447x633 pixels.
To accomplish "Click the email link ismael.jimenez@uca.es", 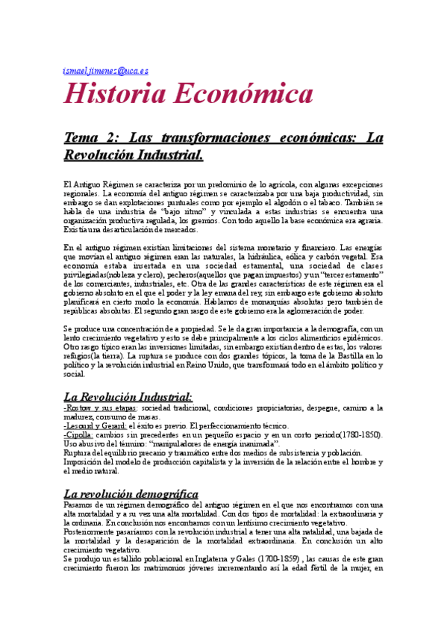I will tap(106, 71).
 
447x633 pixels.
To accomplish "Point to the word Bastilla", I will tap(310, 356).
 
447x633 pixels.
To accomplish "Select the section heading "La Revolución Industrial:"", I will tap(128, 396).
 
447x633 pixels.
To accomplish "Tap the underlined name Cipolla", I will tap(78, 434).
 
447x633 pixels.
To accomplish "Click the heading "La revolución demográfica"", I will tap(131, 473).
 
